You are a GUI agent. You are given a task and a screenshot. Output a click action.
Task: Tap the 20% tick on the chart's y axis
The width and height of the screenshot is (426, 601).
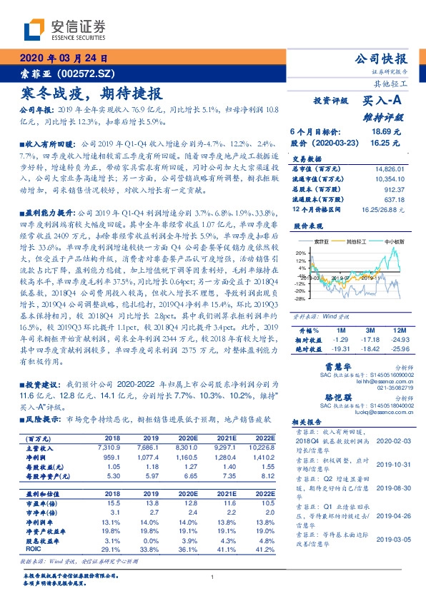click(x=301, y=253)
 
